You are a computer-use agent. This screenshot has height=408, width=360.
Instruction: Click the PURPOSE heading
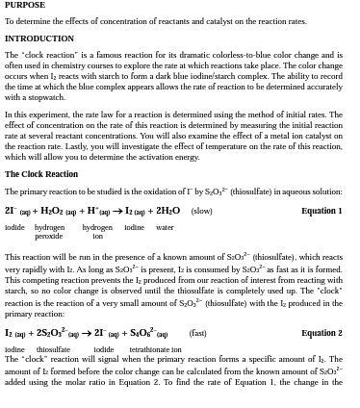click(25, 5)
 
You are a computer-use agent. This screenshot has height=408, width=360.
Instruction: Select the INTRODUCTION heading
click(39, 39)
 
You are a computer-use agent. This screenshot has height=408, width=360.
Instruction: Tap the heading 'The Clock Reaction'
click(41, 174)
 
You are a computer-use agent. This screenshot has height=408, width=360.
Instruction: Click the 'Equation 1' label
click(321, 211)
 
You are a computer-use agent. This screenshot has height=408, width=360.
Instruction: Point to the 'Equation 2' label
click(321, 333)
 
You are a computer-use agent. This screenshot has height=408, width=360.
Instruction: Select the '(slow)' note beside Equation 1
click(201, 211)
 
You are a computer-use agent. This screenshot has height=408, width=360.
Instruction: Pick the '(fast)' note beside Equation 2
click(197, 333)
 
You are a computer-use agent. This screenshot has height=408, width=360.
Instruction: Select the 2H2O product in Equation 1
click(167, 211)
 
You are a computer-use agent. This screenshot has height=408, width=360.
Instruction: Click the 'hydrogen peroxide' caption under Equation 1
click(49, 232)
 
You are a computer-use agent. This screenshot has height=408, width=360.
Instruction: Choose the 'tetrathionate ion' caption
click(156, 349)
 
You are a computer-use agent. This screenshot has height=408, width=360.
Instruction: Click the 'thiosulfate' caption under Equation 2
click(53, 349)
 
